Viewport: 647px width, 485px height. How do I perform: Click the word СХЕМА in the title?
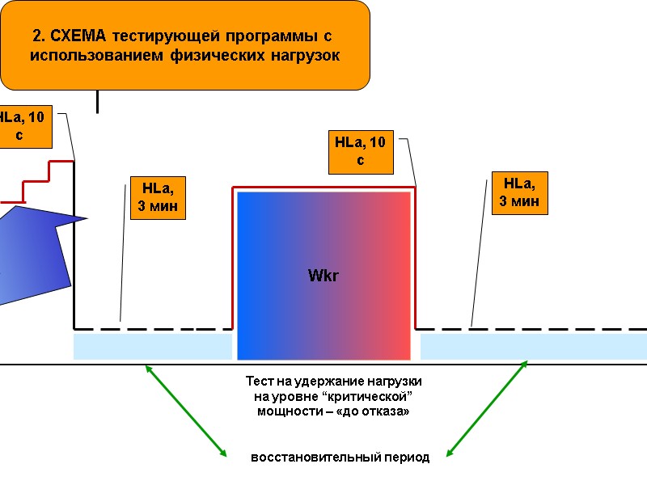(78, 36)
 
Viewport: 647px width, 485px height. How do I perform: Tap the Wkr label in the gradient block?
(323, 276)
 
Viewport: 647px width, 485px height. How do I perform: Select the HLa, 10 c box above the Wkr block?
(360, 151)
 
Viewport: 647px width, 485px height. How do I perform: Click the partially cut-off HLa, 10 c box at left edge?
(23, 126)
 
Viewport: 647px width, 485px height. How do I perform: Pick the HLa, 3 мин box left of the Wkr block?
(158, 197)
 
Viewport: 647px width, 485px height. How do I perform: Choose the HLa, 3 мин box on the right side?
(519, 192)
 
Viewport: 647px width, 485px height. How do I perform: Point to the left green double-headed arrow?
(186, 410)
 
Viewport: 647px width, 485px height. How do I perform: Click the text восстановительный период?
(340, 458)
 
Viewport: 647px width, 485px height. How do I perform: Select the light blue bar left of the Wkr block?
(152, 347)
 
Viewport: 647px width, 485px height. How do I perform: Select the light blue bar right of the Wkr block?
(532, 347)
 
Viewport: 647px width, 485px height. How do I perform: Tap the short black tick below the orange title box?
(98, 101)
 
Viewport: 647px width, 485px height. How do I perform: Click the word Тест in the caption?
(260, 381)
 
